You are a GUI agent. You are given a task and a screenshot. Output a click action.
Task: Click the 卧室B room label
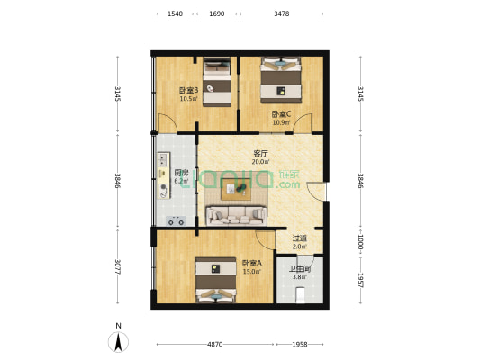[188, 90]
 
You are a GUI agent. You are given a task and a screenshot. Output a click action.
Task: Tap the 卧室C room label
[281, 114]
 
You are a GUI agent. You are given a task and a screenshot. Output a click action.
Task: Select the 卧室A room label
[252, 263]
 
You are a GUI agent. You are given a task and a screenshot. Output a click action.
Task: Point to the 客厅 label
[260, 153]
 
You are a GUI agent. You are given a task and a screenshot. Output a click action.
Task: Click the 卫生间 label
[300, 269]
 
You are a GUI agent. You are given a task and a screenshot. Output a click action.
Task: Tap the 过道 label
[299, 238]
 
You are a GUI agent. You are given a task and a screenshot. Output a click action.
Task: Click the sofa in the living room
[236, 216]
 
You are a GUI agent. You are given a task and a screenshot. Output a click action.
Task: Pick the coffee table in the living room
[236, 190]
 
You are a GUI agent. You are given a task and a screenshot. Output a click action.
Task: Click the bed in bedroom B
[217, 82]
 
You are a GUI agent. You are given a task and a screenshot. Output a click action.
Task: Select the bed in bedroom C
[281, 80]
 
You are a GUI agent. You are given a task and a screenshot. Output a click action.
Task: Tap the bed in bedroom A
[216, 280]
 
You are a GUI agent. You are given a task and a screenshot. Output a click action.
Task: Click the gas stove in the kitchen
[176, 221]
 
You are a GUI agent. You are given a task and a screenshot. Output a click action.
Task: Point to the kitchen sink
[164, 160]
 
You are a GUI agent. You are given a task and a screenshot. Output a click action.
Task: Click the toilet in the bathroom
[300, 294]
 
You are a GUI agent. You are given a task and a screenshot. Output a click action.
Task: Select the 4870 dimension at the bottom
[215, 345]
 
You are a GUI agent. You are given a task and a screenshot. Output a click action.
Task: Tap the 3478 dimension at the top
[282, 13]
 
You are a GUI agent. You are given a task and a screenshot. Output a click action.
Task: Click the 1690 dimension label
[217, 13]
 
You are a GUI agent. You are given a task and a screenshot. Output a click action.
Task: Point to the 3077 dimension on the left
[118, 266]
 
